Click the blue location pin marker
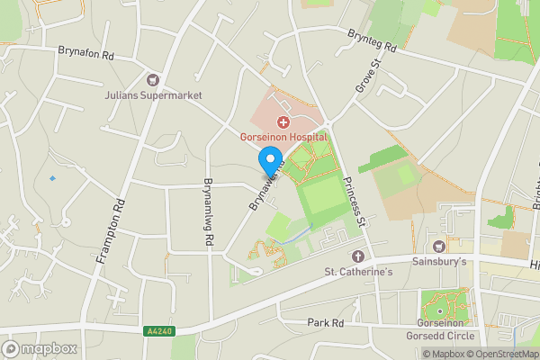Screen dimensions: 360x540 coord(269,161)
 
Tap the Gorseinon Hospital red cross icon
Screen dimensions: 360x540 coord(283,121)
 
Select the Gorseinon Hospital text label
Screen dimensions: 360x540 coord(283,137)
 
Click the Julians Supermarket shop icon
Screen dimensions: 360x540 coord(152,80)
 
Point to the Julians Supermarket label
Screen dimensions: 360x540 coord(152,95)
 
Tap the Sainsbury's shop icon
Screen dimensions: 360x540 coord(439,247)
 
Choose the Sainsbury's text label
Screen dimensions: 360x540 coord(439,262)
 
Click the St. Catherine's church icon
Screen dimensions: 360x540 coord(357,256)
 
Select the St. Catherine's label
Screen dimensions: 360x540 coord(357,272)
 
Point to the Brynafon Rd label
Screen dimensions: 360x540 coord(86,55)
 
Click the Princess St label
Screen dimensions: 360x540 coord(353,200)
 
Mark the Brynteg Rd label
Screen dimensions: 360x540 coord(371,39)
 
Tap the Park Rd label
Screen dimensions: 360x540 coord(326,323)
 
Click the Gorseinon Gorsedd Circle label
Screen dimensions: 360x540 coord(445,329)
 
